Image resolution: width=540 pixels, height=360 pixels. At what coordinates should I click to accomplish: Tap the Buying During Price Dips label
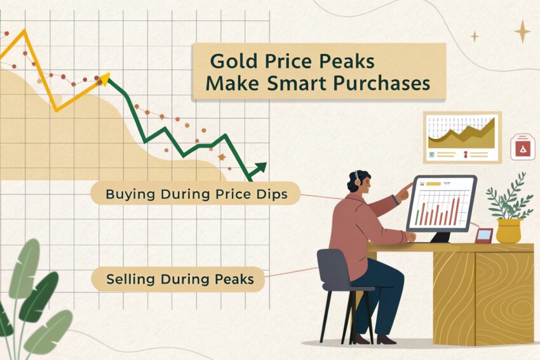tap(195, 194)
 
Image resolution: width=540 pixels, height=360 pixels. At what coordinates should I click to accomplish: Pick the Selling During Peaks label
tap(178, 279)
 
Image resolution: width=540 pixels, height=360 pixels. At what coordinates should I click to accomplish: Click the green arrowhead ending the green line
tap(260, 168)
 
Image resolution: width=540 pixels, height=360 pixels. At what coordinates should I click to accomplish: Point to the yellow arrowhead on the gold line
tap(105, 78)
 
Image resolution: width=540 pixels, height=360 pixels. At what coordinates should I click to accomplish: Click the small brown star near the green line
tap(222, 157)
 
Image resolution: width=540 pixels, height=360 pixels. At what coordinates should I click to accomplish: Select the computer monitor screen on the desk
tap(442, 203)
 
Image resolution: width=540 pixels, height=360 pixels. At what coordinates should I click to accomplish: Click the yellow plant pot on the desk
tap(509, 230)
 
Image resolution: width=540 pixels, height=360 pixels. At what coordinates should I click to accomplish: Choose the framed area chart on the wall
tap(462, 137)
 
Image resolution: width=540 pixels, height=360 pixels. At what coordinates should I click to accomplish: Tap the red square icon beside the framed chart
tap(523, 148)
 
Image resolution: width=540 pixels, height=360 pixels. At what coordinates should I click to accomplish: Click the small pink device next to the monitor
tap(484, 236)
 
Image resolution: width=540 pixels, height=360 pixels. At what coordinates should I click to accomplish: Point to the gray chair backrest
tap(334, 268)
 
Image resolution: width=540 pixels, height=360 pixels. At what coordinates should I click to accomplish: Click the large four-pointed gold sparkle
tap(522, 31)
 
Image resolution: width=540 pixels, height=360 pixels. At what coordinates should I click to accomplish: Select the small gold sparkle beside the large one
tap(475, 36)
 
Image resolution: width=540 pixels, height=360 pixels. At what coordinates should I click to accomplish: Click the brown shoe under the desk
tap(386, 340)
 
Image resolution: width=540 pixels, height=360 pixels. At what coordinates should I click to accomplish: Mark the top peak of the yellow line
tap(24, 30)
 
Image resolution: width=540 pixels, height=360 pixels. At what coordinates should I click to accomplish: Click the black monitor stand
tap(440, 237)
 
